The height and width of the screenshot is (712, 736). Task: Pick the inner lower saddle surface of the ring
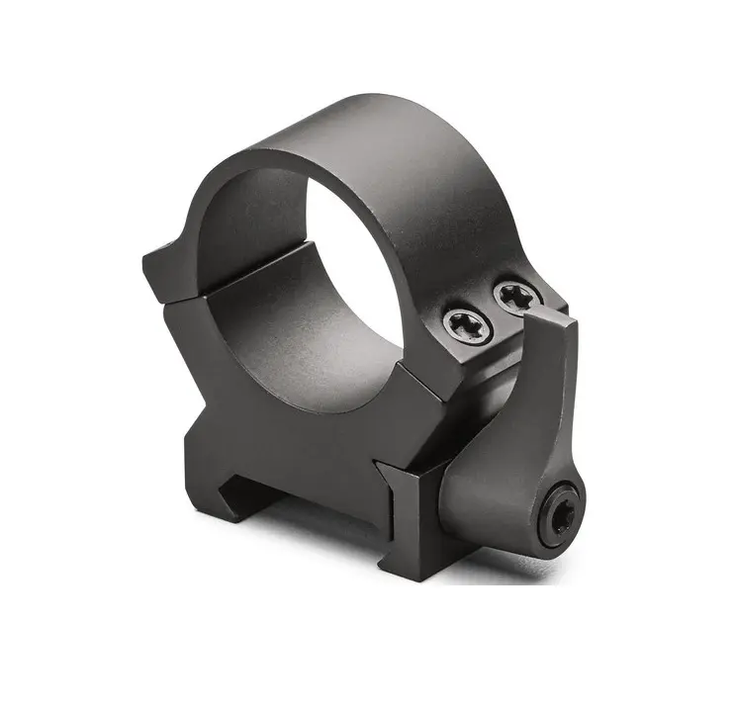pos(297,336)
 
